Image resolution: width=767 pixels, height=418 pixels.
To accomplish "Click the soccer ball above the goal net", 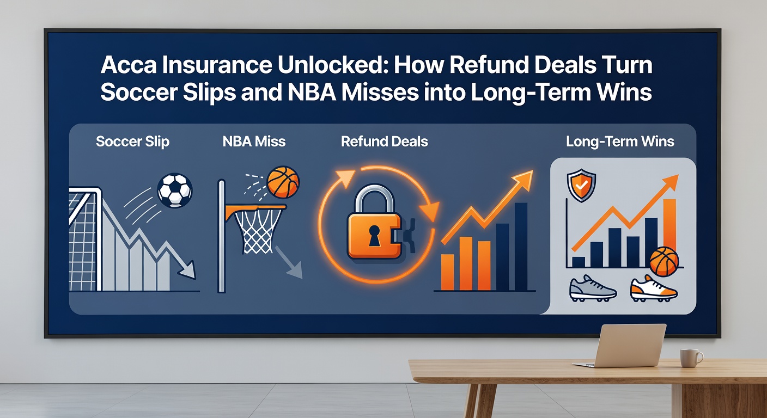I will (x=174, y=190).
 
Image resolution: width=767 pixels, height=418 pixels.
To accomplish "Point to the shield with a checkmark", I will (x=581, y=186).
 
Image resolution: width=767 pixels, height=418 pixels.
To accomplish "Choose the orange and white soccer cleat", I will (x=654, y=289).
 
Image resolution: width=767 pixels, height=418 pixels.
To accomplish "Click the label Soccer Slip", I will (x=132, y=142).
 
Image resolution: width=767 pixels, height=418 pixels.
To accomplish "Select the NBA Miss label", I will (x=254, y=142).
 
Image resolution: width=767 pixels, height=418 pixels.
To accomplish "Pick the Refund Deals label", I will (x=384, y=142).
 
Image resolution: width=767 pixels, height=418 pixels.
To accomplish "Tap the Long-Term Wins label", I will (x=620, y=142).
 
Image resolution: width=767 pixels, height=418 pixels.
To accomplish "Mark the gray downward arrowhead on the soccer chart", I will (x=188, y=271).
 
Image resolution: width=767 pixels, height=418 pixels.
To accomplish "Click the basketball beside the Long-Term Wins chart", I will (x=664, y=261).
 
